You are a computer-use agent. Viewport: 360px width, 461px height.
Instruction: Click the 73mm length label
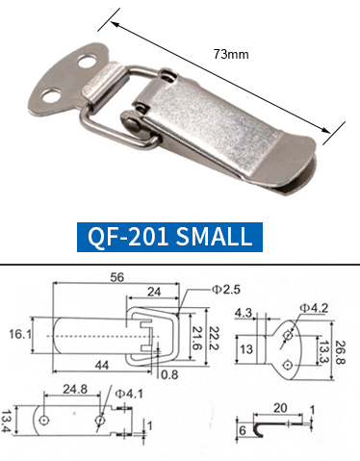(231, 54)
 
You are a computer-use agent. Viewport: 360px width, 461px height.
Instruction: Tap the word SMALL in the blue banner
(214, 237)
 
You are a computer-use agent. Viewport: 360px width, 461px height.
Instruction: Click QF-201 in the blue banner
(128, 237)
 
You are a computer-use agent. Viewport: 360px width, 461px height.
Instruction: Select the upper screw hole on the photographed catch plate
(88, 62)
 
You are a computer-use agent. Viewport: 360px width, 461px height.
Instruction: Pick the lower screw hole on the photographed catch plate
(51, 96)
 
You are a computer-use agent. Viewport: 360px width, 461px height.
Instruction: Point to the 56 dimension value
(116, 277)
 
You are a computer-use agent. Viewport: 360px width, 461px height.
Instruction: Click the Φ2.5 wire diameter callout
(225, 290)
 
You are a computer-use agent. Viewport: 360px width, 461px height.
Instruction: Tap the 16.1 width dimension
(20, 334)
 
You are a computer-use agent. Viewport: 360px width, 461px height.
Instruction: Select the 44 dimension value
(102, 365)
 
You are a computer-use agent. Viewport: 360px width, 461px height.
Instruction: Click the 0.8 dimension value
(169, 374)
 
